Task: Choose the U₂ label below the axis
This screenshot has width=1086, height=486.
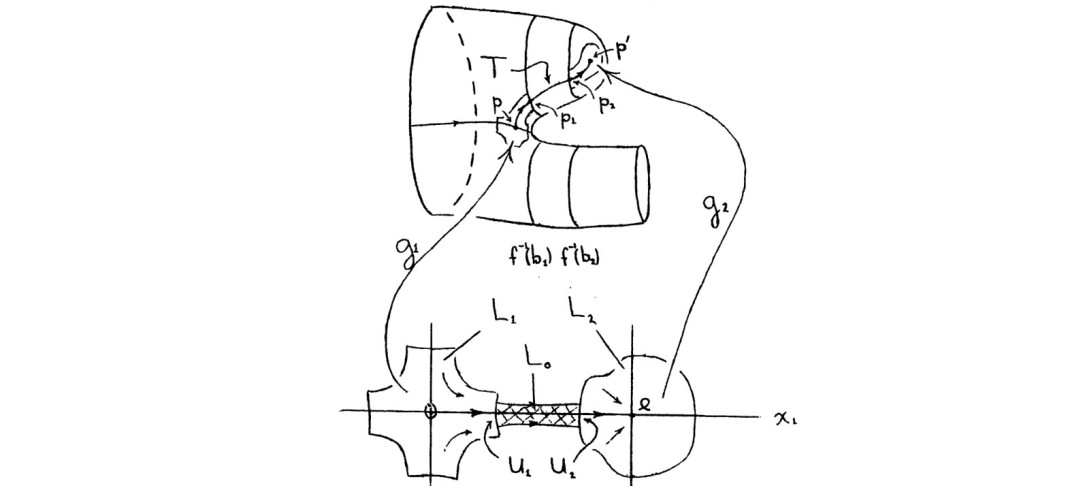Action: tap(564, 464)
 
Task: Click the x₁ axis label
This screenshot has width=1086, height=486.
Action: tap(785, 419)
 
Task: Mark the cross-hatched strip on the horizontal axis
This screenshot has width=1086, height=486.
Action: tap(545, 413)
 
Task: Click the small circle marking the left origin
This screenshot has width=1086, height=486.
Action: tap(431, 411)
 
